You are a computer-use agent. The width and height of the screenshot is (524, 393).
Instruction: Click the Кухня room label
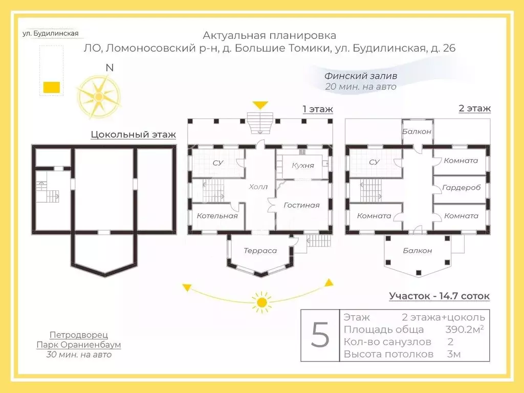(x=303, y=165)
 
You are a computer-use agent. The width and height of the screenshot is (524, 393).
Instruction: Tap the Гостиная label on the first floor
(x=301, y=205)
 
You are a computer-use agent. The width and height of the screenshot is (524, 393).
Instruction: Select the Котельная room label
(x=217, y=216)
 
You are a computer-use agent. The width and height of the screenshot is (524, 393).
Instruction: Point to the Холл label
(x=258, y=187)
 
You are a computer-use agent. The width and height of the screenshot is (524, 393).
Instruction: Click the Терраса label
(x=260, y=251)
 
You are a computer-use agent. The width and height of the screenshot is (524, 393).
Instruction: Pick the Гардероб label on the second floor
(x=461, y=188)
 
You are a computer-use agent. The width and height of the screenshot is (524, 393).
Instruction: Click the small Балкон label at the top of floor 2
(x=417, y=132)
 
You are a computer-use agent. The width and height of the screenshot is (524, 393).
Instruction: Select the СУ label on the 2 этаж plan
(x=374, y=162)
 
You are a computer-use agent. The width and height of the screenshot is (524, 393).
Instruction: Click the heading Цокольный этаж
(x=133, y=135)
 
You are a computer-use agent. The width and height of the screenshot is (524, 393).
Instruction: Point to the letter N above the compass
(x=110, y=68)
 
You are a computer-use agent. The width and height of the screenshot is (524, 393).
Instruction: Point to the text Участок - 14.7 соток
(x=439, y=296)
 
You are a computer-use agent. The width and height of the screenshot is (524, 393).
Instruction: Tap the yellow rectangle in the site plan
(x=51, y=87)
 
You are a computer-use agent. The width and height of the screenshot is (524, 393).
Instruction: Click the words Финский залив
(x=361, y=76)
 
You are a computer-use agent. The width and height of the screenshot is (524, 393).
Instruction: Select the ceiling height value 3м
(x=453, y=354)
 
